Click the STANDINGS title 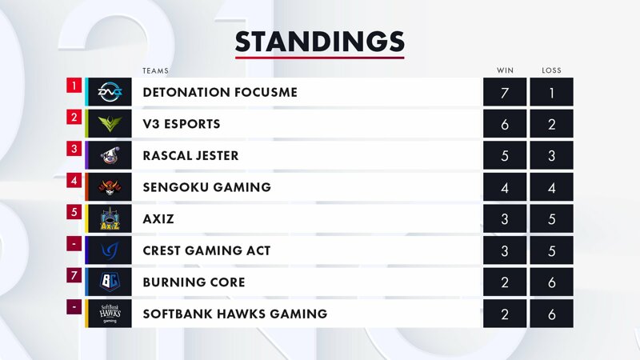coord(319,42)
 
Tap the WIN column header coord(505,70)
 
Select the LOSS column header coord(551,70)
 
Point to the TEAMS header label coord(155,71)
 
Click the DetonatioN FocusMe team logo coord(110,92)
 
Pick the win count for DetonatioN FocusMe coord(505,92)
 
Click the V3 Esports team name coord(182,124)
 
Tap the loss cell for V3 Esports coord(551,124)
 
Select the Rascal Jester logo coord(110,155)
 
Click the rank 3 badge coord(74,149)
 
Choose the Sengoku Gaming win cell coord(505,187)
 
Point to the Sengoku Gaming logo coord(110,186)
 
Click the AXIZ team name coord(158,218)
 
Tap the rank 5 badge coord(74,212)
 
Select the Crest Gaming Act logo coord(110,250)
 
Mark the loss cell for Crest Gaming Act coord(551,250)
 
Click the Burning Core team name coord(194,282)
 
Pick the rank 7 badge coord(74,275)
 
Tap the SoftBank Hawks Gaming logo coord(110,314)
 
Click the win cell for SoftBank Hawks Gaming coord(505,314)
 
